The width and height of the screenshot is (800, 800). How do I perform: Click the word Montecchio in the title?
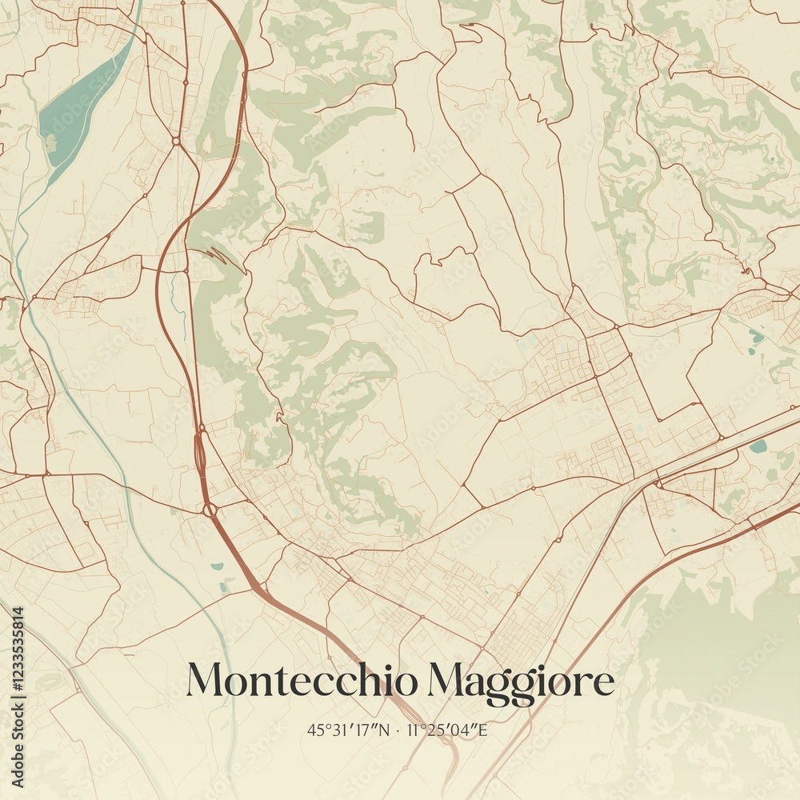pyautogui.click(x=302, y=681)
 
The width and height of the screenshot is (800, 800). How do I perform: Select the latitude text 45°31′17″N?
pyautogui.click(x=349, y=730)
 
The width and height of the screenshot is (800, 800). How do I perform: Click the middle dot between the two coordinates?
pyautogui.click(x=398, y=730)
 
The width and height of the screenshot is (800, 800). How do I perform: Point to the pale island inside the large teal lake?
pyautogui.click(x=52, y=142)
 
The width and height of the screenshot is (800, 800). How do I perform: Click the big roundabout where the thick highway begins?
pyautogui.click(x=209, y=510)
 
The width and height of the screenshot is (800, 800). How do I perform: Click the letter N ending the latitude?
pyautogui.click(x=385, y=730)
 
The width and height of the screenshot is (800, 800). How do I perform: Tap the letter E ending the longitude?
pyautogui.click(x=483, y=730)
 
